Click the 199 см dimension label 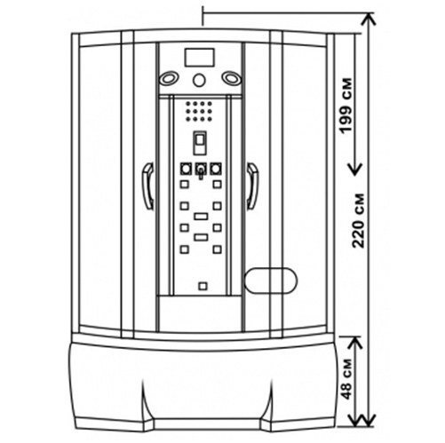346,106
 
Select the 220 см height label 357,221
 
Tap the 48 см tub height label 346,379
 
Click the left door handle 148,186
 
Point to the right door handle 252,186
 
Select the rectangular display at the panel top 199,58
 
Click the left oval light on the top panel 169,79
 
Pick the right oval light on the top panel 232,78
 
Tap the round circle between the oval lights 199,80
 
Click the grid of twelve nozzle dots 199,111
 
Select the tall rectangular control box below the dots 201,143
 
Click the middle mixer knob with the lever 201,170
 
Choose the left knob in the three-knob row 186,169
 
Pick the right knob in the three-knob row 216,169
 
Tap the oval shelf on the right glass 271,281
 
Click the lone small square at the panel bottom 203,286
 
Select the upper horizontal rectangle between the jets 201,217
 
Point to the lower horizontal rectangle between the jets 201,237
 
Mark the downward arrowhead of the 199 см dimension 354,170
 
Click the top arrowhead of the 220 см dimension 368,19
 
